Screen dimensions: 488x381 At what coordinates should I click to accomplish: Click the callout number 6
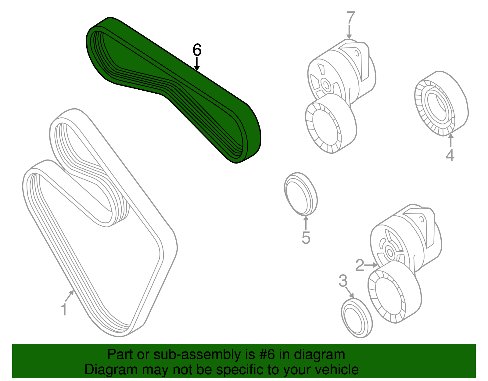(x=197, y=50)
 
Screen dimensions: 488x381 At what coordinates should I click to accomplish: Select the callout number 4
(x=450, y=155)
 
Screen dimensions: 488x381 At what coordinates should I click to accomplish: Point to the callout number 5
(x=306, y=238)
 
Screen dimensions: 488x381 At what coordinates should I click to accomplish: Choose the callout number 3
(x=343, y=281)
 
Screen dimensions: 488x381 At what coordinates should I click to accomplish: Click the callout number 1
(x=64, y=310)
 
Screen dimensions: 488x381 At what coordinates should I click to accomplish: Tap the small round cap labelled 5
(x=301, y=194)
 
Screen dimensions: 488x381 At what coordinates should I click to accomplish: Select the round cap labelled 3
(x=357, y=318)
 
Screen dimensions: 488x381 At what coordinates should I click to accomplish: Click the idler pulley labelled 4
(x=441, y=103)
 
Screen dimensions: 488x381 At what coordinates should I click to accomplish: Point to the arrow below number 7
(x=349, y=32)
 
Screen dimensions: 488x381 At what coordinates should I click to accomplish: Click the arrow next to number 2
(x=371, y=265)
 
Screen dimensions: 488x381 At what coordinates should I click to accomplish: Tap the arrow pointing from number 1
(x=70, y=296)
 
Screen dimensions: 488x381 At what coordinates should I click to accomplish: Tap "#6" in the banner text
(x=267, y=354)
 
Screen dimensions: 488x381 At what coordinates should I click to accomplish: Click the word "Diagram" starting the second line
(x=111, y=370)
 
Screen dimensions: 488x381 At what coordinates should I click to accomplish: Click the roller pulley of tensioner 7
(x=331, y=124)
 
